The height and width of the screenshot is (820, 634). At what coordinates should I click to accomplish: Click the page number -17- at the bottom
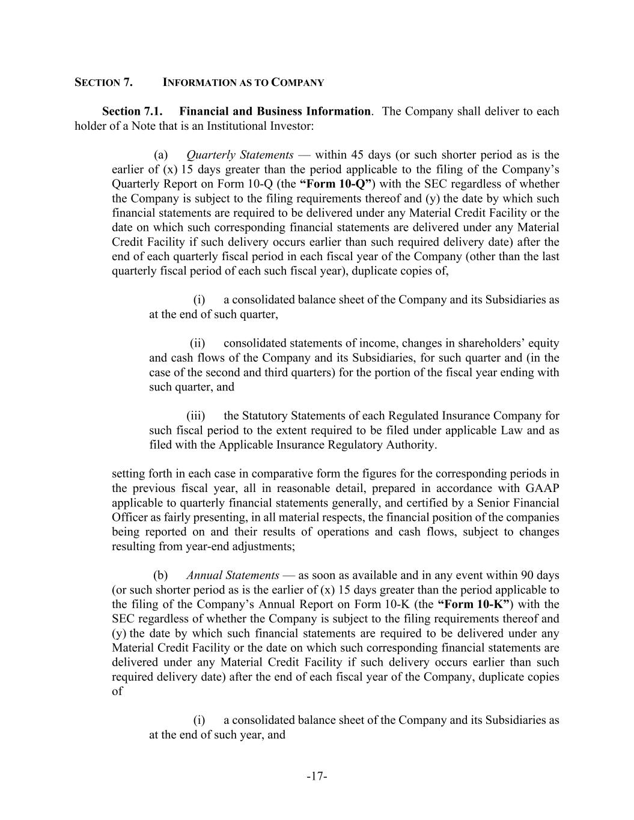tap(317, 777)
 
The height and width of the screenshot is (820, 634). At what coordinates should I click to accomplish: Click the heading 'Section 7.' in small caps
tap(103, 82)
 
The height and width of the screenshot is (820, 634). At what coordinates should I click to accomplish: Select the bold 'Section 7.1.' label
tap(132, 111)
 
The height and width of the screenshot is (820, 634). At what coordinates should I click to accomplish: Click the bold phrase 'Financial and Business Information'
tap(275, 111)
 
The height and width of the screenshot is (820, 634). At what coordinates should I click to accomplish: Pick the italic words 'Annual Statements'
tap(233, 575)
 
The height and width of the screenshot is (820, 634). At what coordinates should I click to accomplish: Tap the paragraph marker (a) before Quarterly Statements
tap(160, 155)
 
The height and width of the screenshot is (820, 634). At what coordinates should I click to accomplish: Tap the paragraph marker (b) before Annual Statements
tap(160, 575)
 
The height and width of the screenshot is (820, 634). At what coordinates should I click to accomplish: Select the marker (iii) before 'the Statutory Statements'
tap(196, 416)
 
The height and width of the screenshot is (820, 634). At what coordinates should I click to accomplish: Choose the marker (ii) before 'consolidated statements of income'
tap(198, 343)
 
